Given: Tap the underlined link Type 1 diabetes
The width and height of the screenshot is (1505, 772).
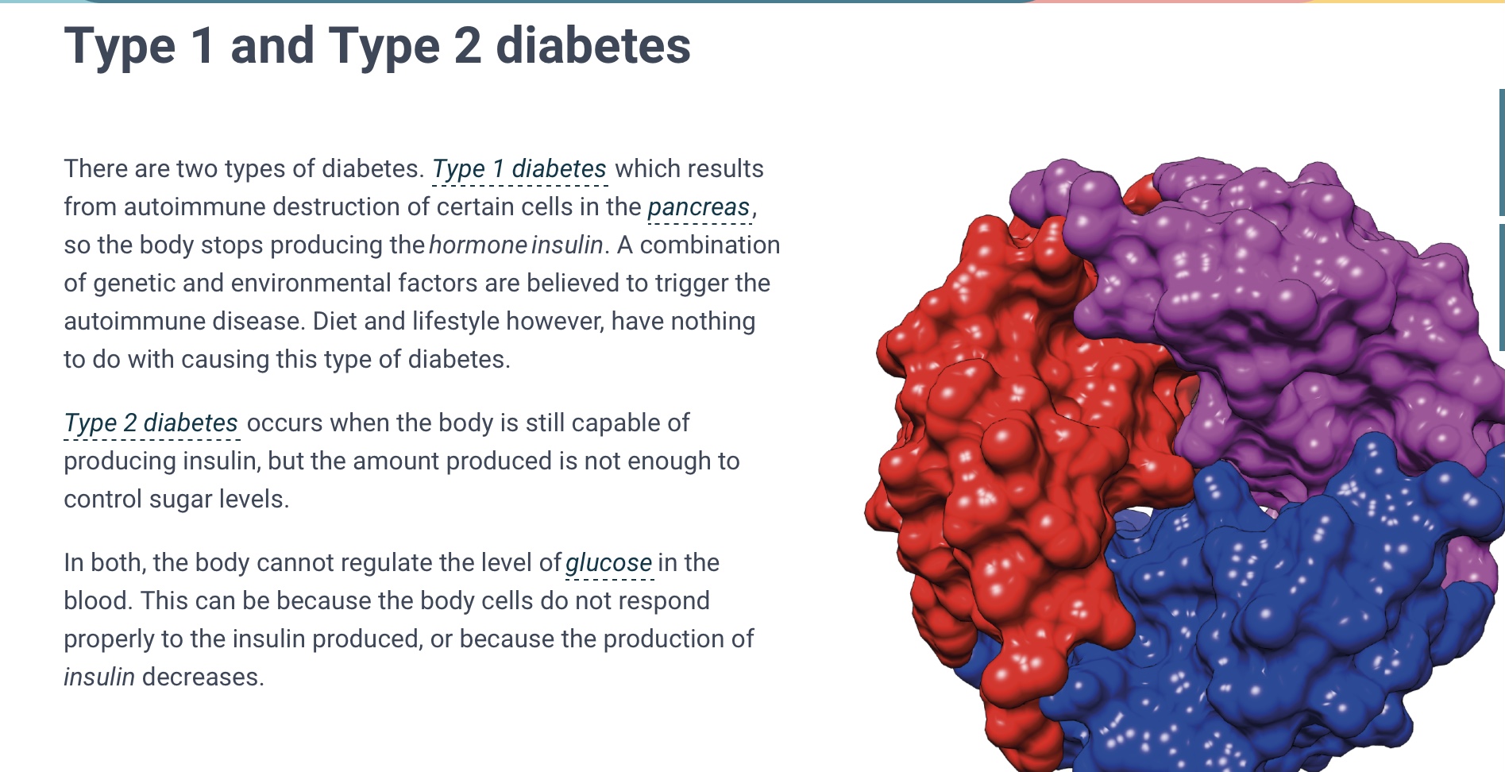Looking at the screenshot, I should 519,169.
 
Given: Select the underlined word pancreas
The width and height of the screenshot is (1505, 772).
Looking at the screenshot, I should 699,207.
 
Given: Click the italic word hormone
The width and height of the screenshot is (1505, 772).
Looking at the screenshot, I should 477,245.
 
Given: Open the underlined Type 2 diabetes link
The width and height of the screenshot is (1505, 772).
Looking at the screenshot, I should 151,423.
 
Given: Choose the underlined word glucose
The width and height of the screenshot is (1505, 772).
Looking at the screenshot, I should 608,563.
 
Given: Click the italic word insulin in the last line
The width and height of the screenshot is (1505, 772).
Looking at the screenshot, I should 99,677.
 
